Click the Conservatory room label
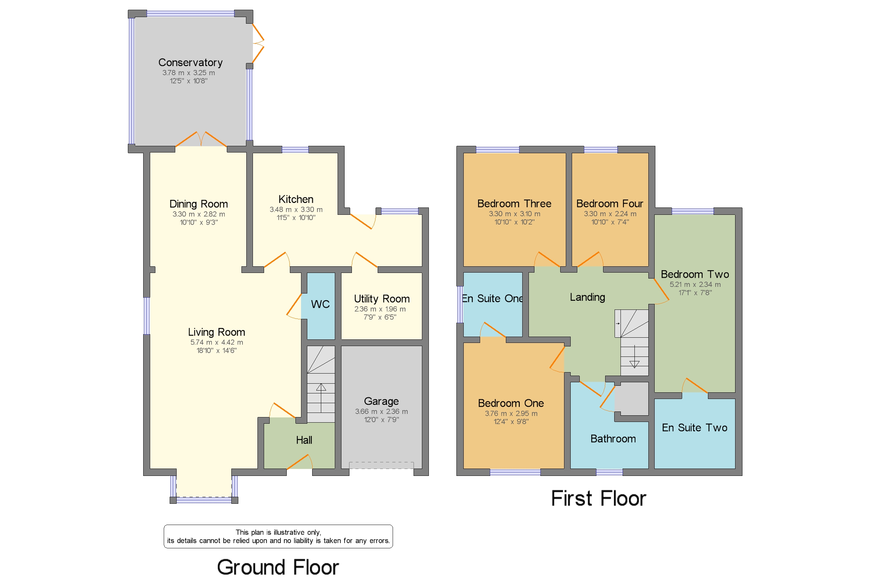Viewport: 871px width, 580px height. tap(190, 63)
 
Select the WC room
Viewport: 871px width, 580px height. tap(320, 304)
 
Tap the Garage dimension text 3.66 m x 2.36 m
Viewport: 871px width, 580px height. tap(381, 412)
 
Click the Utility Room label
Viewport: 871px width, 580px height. tap(381, 299)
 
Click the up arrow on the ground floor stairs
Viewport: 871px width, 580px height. tap(321, 388)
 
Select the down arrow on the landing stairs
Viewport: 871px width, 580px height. tap(634, 365)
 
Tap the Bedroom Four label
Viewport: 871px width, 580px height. tap(609, 204)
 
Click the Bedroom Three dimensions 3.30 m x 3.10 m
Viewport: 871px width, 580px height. tap(514, 214)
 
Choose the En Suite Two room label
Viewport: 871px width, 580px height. tap(694, 428)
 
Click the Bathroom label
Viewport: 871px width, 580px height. tap(612, 439)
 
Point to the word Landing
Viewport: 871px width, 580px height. tap(587, 297)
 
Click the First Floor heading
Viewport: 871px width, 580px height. tap(598, 499)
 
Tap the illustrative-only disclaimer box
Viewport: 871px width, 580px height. tap(278, 536)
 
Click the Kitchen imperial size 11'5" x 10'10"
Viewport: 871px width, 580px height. tap(296, 218)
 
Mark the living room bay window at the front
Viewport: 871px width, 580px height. tap(203, 500)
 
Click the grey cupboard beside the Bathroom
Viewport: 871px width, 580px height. tap(631, 399)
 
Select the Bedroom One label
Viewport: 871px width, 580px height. tap(510, 403)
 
